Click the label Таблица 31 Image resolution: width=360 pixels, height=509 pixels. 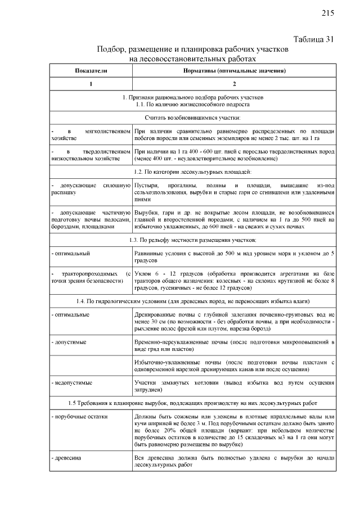[314, 39]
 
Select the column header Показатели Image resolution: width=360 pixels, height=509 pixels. [90, 71]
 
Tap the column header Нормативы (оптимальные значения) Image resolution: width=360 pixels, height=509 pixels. [235, 71]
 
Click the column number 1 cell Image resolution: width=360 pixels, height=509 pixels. [90, 84]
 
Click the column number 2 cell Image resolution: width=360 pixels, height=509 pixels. [235, 84]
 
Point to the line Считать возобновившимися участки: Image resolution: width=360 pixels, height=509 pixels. [192, 118]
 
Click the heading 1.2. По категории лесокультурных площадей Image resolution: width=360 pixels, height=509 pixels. [192, 171]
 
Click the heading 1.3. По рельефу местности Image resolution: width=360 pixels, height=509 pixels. [192, 240]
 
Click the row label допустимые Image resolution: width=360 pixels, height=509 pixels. [70, 341]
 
